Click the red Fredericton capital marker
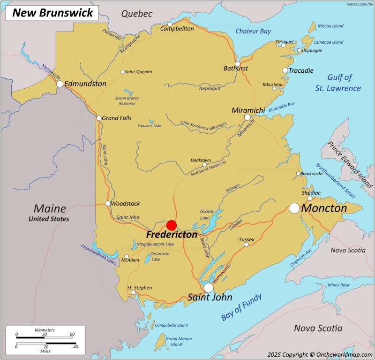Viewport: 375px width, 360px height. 172,225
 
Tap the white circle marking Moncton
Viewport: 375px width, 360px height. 294,208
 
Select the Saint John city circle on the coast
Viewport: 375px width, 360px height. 209,288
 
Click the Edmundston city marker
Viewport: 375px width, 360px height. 60,84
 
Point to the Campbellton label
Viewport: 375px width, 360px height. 177,29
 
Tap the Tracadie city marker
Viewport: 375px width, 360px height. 285,70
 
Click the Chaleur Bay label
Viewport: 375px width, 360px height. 253,31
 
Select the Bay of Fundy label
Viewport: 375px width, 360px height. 241,307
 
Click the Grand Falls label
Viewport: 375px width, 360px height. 117,118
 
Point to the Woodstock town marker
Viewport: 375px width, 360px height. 108,203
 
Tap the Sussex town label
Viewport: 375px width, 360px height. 247,239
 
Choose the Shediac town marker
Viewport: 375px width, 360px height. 310,198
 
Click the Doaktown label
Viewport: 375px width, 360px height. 201,160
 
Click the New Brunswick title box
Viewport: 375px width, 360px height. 52,13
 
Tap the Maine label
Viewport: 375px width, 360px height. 49,208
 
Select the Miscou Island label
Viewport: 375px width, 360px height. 331,26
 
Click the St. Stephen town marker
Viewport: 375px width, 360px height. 133,293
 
